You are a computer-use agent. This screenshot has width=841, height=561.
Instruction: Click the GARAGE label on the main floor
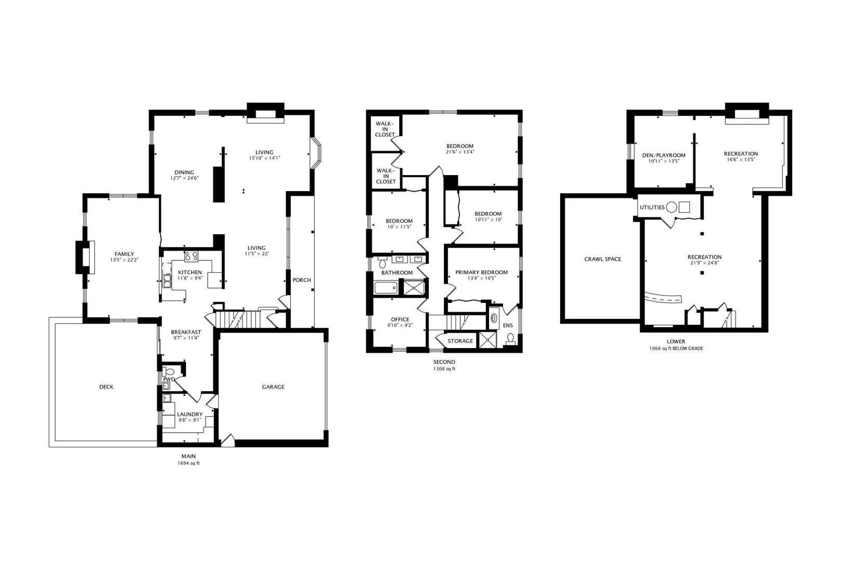click(273, 386)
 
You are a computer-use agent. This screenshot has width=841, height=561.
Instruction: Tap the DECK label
click(106, 386)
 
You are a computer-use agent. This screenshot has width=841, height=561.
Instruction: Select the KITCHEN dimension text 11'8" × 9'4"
click(190, 278)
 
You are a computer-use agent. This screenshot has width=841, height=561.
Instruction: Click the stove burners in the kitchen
click(191, 256)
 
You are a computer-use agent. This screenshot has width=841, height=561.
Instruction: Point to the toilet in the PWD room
click(169, 372)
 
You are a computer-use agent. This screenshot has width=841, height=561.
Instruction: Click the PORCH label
click(302, 280)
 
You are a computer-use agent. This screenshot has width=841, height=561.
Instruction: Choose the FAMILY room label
click(124, 254)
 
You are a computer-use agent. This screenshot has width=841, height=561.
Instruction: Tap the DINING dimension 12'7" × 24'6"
click(184, 178)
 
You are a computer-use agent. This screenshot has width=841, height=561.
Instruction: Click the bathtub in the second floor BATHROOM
click(385, 287)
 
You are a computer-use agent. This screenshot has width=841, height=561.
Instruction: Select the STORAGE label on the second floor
click(460, 341)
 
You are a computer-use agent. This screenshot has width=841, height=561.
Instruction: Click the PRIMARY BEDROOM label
click(481, 272)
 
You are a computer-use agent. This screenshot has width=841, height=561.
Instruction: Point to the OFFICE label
click(400, 319)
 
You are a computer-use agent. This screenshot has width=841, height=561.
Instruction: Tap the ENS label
click(508, 326)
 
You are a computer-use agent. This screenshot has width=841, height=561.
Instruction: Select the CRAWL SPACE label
click(602, 259)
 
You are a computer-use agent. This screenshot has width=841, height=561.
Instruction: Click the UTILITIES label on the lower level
click(652, 207)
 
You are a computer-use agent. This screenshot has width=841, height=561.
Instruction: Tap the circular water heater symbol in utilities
click(671, 207)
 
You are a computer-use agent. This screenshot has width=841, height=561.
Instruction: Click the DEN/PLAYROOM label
click(663, 155)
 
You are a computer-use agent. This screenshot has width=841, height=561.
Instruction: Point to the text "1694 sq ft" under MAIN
click(188, 463)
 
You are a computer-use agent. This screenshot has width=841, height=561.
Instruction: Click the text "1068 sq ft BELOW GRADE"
click(676, 349)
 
